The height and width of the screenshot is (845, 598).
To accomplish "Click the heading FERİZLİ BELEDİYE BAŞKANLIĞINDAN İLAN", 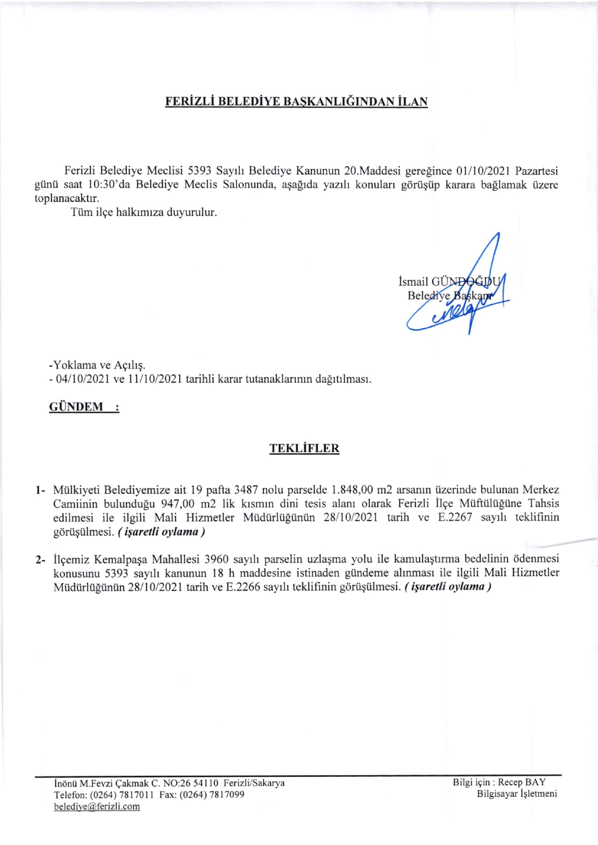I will [x=296, y=102].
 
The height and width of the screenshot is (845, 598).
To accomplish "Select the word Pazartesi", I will [x=536, y=171].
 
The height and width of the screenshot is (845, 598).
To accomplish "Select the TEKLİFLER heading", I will [x=304, y=448].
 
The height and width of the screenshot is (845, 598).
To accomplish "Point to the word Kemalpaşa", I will [x=121, y=559].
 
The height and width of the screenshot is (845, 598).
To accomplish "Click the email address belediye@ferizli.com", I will [x=97, y=806].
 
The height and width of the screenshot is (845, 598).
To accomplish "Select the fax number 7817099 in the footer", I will [x=226, y=795].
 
